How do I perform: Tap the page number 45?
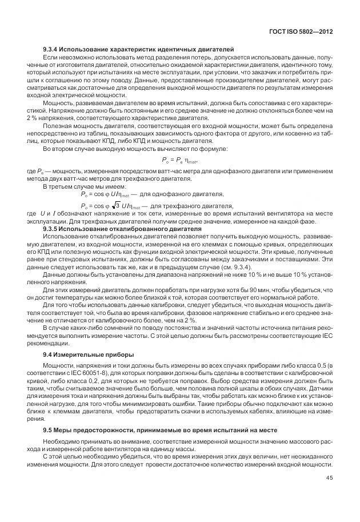(x=330, y=479)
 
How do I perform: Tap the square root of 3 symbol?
(x=113, y=206)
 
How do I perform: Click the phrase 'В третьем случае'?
(x=67, y=186)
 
